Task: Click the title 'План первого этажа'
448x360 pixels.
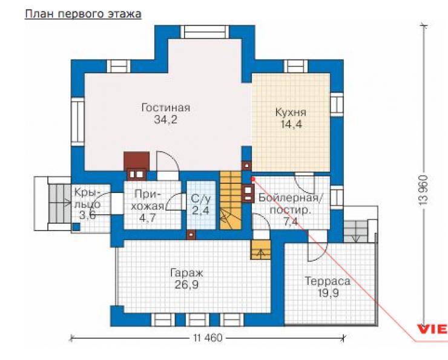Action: coord(83,14)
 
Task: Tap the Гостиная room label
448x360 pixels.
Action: coord(166,108)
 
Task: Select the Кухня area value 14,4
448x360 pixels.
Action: coord(291,125)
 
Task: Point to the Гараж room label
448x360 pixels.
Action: coord(186,273)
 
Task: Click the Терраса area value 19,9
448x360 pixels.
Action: coord(328,293)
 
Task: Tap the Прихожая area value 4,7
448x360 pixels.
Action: coord(147,218)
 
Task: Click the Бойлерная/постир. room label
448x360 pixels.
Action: coord(290,204)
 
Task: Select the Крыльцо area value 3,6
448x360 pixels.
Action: coord(87,215)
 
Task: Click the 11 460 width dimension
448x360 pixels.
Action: coord(208,338)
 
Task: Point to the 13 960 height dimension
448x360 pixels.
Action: coord(423,190)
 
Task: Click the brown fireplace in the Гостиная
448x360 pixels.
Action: coord(137,166)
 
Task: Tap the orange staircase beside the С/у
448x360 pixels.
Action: coord(230,200)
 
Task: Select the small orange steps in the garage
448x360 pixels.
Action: coord(260,249)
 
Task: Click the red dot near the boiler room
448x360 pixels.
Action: coord(252,179)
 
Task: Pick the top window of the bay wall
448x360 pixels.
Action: coord(205,31)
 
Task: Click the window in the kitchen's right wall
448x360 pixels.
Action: coord(337,105)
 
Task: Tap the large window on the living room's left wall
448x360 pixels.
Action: coord(77,122)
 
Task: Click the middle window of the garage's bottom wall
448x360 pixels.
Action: coord(197,319)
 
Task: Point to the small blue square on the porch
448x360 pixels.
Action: coord(76,227)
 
